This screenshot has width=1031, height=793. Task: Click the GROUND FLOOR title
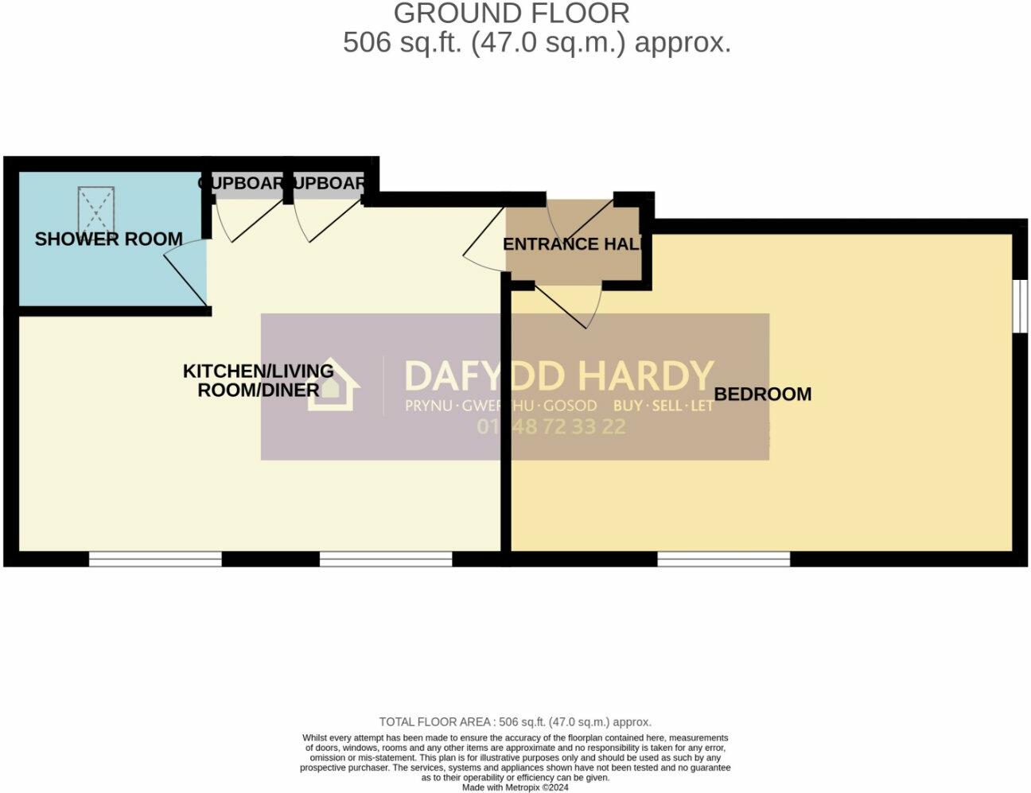(512, 14)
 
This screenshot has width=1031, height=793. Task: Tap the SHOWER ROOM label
(109, 239)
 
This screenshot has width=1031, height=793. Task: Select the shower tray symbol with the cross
(96, 208)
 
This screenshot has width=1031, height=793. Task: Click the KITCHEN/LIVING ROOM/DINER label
(259, 380)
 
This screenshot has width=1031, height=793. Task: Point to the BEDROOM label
(762, 394)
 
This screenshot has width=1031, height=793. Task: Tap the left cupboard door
(249, 220)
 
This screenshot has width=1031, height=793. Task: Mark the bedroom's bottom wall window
(723, 559)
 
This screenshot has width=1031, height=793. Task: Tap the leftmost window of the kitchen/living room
(155, 559)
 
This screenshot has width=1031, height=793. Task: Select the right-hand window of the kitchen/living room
(386, 559)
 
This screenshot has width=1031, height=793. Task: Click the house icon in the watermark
(333, 386)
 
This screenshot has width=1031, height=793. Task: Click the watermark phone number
(551, 427)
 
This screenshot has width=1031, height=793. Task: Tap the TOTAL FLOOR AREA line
(515, 722)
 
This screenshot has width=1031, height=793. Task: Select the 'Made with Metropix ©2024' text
(515, 787)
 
